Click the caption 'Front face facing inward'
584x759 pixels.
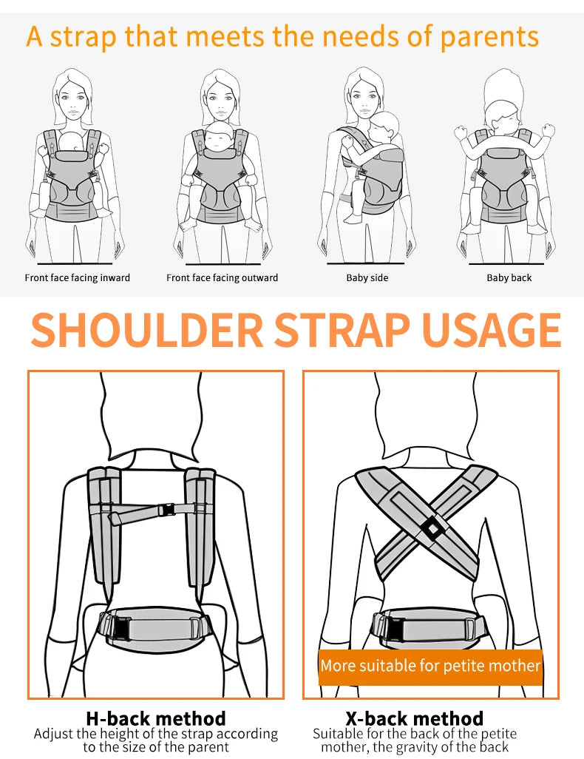[x=78, y=278]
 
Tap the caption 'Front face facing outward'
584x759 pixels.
[x=223, y=278]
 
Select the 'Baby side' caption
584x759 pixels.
[x=367, y=278]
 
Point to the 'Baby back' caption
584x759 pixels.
[x=509, y=278]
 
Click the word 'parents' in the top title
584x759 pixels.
[x=489, y=37]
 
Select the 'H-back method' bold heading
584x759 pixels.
[x=156, y=718]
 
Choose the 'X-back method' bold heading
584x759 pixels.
[x=415, y=718]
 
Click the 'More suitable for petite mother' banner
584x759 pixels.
[x=430, y=666]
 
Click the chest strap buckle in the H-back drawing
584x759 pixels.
[x=167, y=509]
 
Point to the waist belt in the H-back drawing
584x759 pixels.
[x=156, y=627]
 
